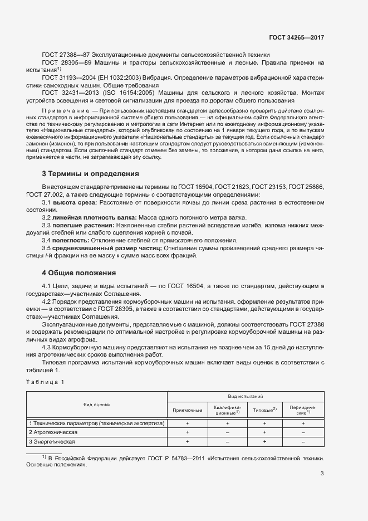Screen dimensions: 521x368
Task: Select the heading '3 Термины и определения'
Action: [86, 174]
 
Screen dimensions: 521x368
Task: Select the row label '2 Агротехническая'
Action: [53, 432]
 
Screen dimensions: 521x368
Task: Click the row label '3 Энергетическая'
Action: [52, 441]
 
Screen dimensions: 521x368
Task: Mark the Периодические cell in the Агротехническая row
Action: [303, 432]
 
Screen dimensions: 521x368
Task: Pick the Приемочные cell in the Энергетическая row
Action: [187, 441]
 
